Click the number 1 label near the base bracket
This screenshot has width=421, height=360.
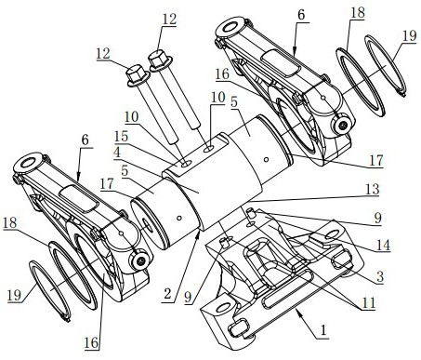click(x=323, y=330)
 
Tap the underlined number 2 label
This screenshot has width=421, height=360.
click(x=167, y=293)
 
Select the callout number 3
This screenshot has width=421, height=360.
click(x=380, y=276)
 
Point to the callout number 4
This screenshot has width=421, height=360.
click(x=117, y=153)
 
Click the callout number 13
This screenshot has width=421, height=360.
click(x=372, y=189)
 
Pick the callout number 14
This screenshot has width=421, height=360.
click(x=383, y=245)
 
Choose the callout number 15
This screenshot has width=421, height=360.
click(x=121, y=136)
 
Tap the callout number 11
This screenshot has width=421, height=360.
click(x=369, y=302)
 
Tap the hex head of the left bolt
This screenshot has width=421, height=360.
click(x=138, y=75)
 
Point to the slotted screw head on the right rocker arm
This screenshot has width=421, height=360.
click(x=343, y=126)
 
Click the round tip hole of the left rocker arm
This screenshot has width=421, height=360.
click(x=28, y=163)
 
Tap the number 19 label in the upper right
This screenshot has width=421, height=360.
click(x=409, y=35)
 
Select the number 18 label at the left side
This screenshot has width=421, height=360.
click(x=9, y=222)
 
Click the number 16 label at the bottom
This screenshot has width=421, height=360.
click(x=91, y=342)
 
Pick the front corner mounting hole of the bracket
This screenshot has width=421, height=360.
click(x=224, y=308)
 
